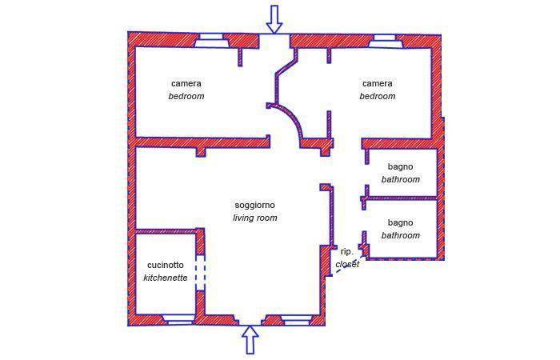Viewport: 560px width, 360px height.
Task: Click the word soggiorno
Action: coord(254,206)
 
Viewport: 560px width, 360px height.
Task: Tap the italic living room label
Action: coord(254,218)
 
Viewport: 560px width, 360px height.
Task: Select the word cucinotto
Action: coord(166,266)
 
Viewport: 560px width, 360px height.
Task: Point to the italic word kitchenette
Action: coord(166,278)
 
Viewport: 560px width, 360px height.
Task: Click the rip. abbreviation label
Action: coord(346,251)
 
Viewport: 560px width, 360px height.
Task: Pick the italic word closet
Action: coord(347,264)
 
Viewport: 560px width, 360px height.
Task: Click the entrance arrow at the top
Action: coord(274,18)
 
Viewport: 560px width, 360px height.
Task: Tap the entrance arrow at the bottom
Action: coord(250,339)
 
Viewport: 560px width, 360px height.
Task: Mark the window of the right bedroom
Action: coord(382,38)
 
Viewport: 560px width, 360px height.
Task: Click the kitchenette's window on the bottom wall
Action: coord(178,320)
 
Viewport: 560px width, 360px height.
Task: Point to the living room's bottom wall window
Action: coord(296,320)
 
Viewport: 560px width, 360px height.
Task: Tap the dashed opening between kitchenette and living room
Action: coord(201,272)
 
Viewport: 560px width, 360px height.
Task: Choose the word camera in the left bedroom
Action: coord(186,83)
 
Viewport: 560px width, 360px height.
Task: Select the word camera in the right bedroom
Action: coord(377,83)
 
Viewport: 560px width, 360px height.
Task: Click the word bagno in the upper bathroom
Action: coord(400,167)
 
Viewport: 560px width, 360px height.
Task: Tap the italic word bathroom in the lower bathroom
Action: coord(400,235)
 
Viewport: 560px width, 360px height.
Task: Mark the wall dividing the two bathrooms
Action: coord(400,197)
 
